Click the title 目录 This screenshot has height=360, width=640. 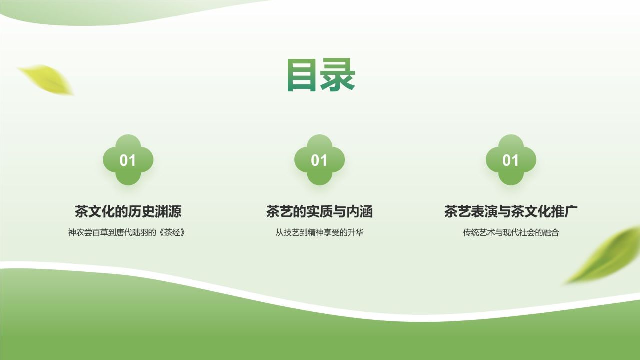(320, 75)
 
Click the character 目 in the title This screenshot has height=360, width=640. (302, 75)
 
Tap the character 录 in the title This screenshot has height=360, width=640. (338, 75)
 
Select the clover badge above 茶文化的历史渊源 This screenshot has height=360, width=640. (128, 160)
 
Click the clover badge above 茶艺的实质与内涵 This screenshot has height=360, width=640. (319, 160)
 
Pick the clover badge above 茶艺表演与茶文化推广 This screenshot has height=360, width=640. (511, 160)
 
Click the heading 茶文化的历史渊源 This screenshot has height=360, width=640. (128, 211)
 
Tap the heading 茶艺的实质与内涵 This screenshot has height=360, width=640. (319, 211)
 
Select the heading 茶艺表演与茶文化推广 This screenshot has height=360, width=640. (511, 211)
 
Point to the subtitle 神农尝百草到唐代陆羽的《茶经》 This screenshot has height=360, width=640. (128, 232)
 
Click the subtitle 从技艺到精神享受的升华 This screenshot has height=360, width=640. (319, 232)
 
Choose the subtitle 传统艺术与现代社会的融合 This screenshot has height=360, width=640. (511, 232)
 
